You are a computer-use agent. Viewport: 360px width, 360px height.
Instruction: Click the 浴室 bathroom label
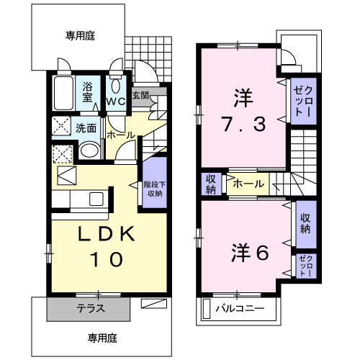point(87,92)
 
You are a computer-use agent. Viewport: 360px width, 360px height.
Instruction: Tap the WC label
point(116,101)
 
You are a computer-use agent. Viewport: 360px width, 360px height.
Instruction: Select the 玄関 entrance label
point(140,94)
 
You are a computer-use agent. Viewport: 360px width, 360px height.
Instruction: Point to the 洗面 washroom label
point(86,129)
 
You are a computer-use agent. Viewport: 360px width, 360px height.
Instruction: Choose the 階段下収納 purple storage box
point(153,185)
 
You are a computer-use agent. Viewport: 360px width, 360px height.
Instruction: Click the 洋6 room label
point(250,253)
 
